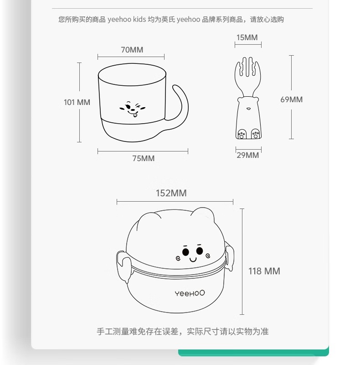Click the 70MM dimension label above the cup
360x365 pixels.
pyautogui.click(x=132, y=50)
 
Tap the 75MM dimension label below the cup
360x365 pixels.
pyautogui.click(x=143, y=158)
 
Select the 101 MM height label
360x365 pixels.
pyautogui.click(x=77, y=102)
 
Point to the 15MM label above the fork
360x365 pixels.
pyautogui.click(x=247, y=37)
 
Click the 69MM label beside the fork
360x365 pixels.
pyautogui.click(x=291, y=99)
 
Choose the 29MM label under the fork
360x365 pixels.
pyautogui.click(x=248, y=155)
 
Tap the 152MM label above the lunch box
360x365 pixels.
pyautogui.click(x=171, y=193)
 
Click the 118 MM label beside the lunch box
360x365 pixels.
pyautogui.click(x=264, y=271)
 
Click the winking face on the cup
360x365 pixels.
pyautogui.click(x=132, y=109)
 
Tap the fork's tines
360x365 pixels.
pyautogui.click(x=248, y=68)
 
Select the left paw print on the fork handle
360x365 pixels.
pyautogui.click(x=242, y=134)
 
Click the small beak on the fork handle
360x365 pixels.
pyautogui.click(x=248, y=109)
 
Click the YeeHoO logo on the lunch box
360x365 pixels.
pyautogui.click(x=190, y=293)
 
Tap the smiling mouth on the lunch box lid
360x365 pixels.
pyautogui.click(x=193, y=260)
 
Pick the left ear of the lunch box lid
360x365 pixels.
pyautogui.click(x=149, y=219)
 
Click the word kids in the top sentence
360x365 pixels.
pyautogui.click(x=139, y=19)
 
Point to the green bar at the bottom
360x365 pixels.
pyautogui.click(x=253, y=352)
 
